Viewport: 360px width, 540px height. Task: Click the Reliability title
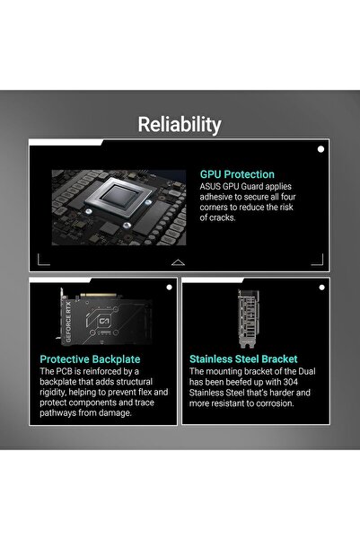coord(180,125)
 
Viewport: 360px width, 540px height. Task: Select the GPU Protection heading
coord(237,174)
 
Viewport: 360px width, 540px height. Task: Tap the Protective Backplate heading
coord(90,359)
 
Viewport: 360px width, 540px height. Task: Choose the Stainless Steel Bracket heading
coord(243,359)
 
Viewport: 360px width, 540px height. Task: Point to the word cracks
coord(222,217)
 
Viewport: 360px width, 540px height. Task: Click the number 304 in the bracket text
coord(291,382)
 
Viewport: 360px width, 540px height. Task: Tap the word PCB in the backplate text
coord(64,371)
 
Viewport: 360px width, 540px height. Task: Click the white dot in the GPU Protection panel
coord(320,149)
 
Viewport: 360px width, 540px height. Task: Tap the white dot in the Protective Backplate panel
coord(169,288)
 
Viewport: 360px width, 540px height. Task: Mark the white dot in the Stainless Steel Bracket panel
coord(321,288)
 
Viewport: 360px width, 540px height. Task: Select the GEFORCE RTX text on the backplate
coord(68,322)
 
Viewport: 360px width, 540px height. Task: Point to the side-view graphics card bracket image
coord(249,319)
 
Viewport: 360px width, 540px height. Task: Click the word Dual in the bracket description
coord(307,371)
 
